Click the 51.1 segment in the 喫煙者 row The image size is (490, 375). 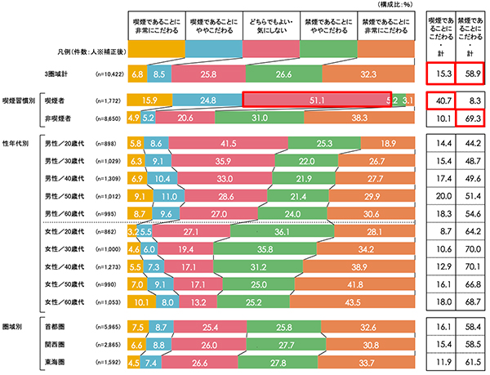point(317,100)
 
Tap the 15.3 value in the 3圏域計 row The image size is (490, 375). point(445,73)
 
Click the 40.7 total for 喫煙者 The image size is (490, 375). point(445,100)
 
